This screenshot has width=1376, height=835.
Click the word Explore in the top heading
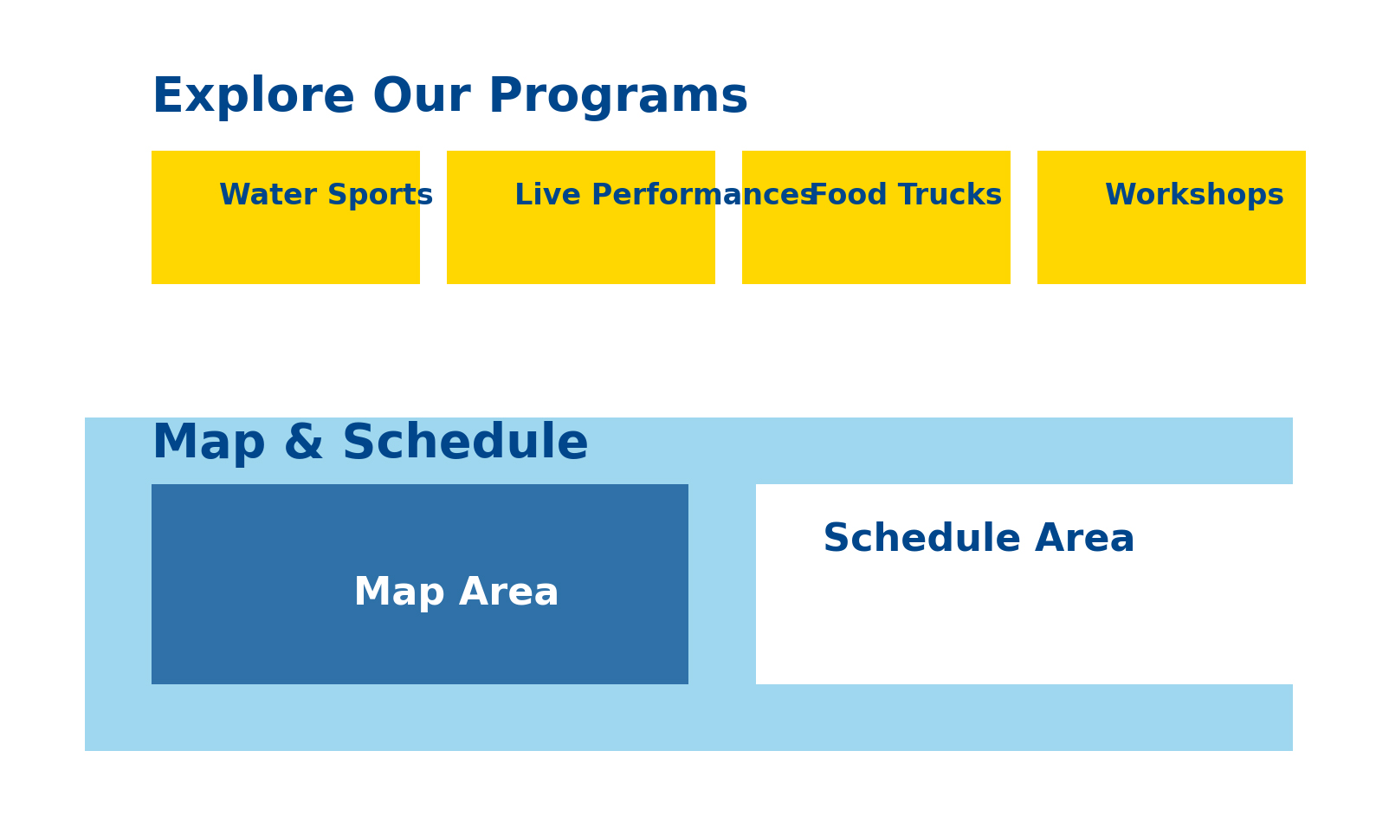point(254,96)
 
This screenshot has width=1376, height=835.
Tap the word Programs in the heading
point(618,96)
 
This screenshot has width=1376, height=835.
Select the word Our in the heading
point(422,96)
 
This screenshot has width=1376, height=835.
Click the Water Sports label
point(326,195)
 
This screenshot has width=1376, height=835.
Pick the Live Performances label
point(665,195)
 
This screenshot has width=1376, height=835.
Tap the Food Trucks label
point(906,195)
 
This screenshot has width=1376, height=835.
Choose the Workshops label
point(1194,195)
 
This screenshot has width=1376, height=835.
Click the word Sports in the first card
point(380,195)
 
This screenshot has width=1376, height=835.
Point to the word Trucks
point(950,195)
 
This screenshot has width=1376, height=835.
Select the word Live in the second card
point(547,195)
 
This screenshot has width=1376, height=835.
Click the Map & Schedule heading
point(371,442)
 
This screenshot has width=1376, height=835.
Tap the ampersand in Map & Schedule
point(303,442)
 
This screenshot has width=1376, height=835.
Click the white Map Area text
point(456,592)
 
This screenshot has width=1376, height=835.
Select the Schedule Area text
point(979,538)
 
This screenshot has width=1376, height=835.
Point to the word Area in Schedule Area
point(1084,538)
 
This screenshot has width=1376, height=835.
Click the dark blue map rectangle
point(420,585)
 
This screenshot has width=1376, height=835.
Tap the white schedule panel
point(1024,585)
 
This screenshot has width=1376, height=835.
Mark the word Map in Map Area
point(399,592)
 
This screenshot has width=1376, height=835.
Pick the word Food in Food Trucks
point(849,195)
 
